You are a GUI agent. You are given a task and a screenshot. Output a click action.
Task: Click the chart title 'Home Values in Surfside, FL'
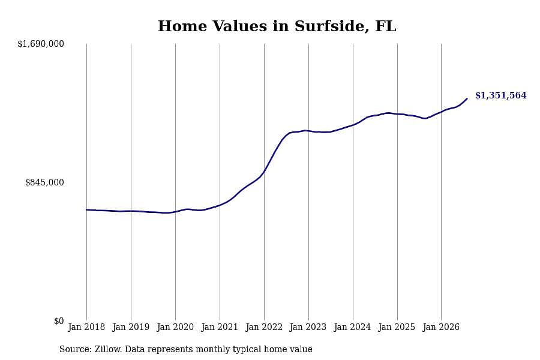(x=277, y=26)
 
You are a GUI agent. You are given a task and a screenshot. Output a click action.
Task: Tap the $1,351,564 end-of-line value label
(x=501, y=95)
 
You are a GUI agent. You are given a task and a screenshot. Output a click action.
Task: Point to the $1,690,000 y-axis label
(x=41, y=44)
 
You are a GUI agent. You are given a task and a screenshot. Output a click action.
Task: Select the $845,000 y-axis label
(x=44, y=182)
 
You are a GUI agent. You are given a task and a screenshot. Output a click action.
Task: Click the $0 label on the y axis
(x=59, y=321)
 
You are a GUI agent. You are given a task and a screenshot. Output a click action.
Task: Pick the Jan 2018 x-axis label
(x=86, y=327)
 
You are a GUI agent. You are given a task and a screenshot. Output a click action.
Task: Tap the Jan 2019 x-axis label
(x=131, y=327)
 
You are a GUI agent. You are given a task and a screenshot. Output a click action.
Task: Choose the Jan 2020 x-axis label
(x=175, y=327)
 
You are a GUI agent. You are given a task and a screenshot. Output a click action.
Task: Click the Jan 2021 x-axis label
(x=220, y=327)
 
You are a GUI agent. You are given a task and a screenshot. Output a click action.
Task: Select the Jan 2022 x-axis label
(x=264, y=327)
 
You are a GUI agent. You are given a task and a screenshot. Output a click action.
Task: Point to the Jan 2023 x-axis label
(x=308, y=327)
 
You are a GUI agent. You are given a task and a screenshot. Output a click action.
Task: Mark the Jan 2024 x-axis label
(x=353, y=327)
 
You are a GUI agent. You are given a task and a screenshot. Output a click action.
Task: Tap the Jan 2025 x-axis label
(x=397, y=327)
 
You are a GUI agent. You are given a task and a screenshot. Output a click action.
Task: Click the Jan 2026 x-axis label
(x=441, y=327)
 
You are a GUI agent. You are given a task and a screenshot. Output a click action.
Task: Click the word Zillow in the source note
(x=108, y=349)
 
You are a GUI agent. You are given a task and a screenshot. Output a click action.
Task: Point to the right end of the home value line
(x=467, y=99)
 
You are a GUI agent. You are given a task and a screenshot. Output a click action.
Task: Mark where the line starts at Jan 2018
(x=86, y=209)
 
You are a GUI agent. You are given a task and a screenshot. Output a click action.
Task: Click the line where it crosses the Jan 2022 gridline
(x=264, y=172)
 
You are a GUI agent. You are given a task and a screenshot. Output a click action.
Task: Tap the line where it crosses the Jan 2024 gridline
(x=353, y=125)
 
